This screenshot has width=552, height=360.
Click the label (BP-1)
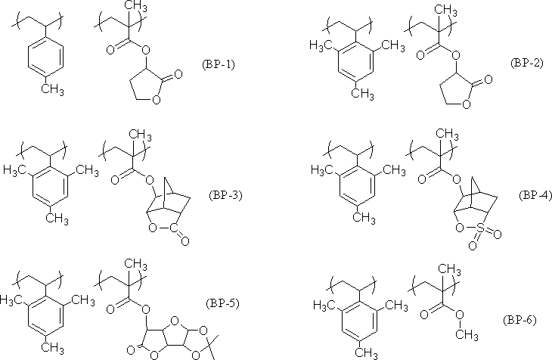[219, 64]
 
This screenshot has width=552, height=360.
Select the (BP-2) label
[526, 62]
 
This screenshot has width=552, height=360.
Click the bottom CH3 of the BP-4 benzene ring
[365, 218]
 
